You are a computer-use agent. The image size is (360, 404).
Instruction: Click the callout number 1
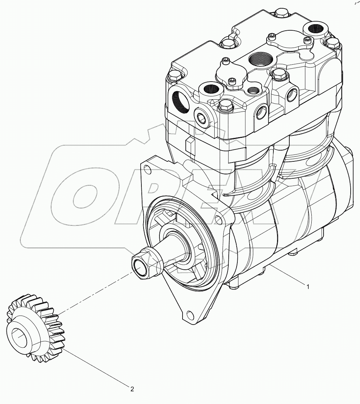pyautogui.click(x=307, y=287)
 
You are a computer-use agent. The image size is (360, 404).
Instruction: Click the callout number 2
pyautogui.click(x=132, y=389)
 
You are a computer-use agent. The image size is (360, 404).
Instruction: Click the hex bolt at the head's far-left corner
pyautogui.click(x=174, y=75)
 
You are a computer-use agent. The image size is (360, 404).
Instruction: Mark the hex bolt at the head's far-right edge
pyautogui.click(x=332, y=43)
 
